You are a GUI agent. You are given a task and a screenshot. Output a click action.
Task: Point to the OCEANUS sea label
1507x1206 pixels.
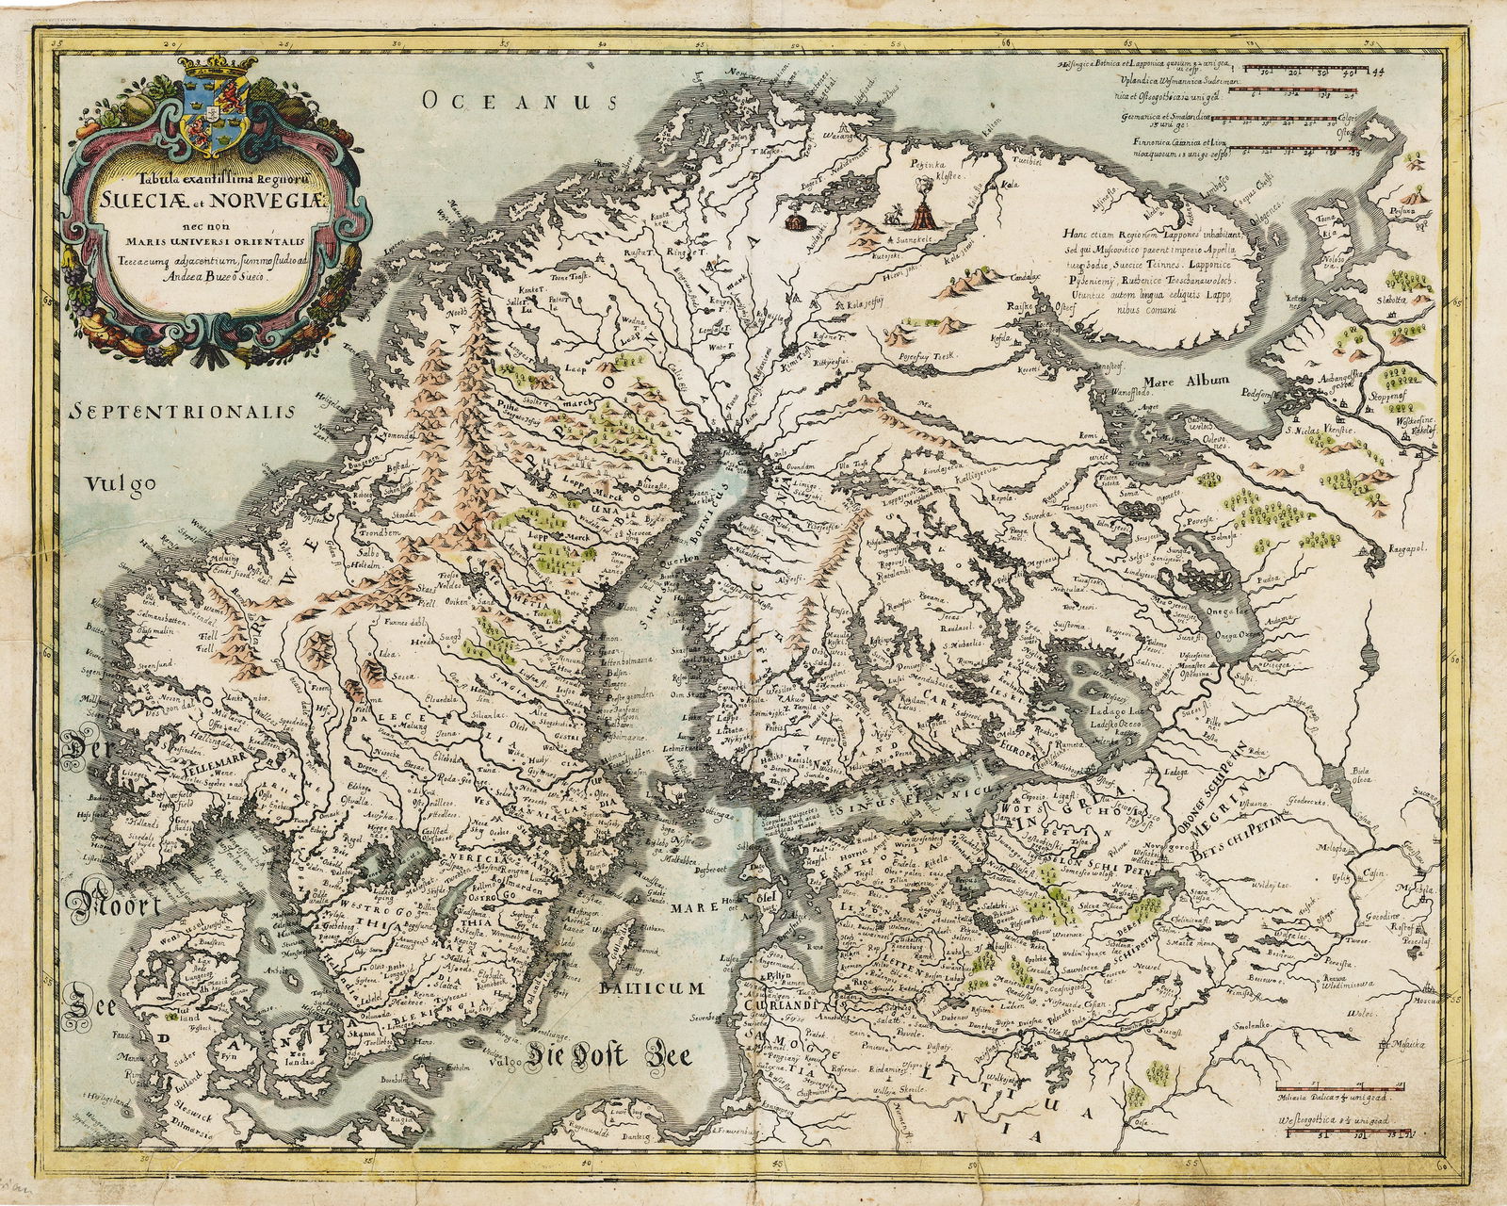pyautogui.click(x=517, y=101)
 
